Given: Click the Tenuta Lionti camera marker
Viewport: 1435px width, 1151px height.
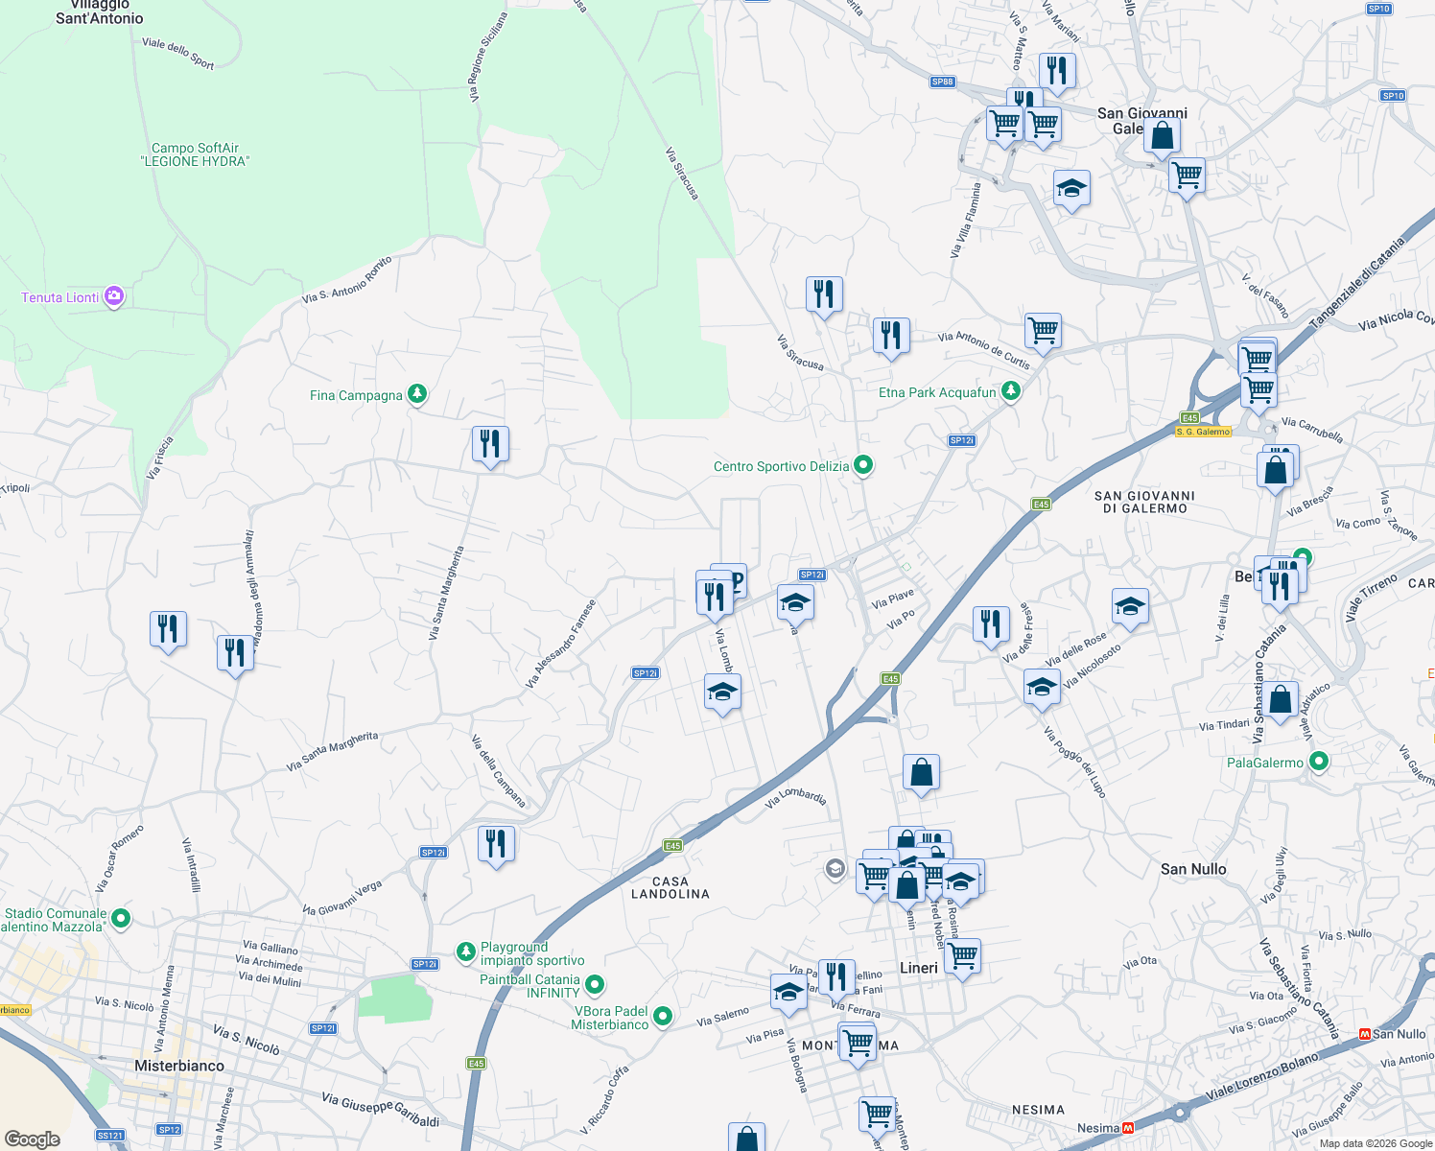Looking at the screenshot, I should pyautogui.click(x=114, y=296).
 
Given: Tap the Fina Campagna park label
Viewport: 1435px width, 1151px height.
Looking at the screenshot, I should pyautogui.click(x=356, y=395).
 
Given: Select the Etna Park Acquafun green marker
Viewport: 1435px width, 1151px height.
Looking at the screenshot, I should pyautogui.click(x=1010, y=391).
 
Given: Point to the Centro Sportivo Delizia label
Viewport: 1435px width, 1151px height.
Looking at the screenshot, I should pyautogui.click(x=781, y=466).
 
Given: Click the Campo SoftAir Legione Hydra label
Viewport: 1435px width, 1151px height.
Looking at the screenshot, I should pyautogui.click(x=196, y=154).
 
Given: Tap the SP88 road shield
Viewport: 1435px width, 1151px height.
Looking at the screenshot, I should pyautogui.click(x=943, y=82).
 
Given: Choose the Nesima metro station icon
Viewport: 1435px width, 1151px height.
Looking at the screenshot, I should pyautogui.click(x=1129, y=1128).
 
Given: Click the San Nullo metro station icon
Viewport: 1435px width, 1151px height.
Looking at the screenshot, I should pyautogui.click(x=1364, y=1034).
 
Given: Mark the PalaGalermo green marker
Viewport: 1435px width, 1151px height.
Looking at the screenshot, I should pyautogui.click(x=1319, y=762).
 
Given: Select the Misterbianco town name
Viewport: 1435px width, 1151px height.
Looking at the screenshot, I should pyautogui.click(x=179, y=1066).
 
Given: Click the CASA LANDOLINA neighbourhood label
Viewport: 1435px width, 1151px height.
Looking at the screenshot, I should pyautogui.click(x=670, y=887).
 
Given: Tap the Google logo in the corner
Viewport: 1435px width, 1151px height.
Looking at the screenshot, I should pyautogui.click(x=33, y=1139).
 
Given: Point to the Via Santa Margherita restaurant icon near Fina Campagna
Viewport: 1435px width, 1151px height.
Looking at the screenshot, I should pyautogui.click(x=490, y=444).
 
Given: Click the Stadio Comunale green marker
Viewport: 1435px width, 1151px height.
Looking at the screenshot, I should pyautogui.click(x=121, y=919).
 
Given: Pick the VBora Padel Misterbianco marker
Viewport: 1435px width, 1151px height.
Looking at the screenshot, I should pyautogui.click(x=662, y=1016).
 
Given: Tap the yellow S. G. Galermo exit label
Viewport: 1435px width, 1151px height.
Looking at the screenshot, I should pyautogui.click(x=1203, y=432).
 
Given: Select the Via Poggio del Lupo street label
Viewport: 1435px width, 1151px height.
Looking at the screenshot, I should pyautogui.click(x=1075, y=763).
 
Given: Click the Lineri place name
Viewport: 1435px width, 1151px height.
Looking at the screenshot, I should pyautogui.click(x=918, y=968).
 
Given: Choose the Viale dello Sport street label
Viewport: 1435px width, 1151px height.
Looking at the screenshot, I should pyautogui.click(x=178, y=53).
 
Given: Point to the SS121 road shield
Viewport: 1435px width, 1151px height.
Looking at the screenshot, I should pyautogui.click(x=110, y=1136).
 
